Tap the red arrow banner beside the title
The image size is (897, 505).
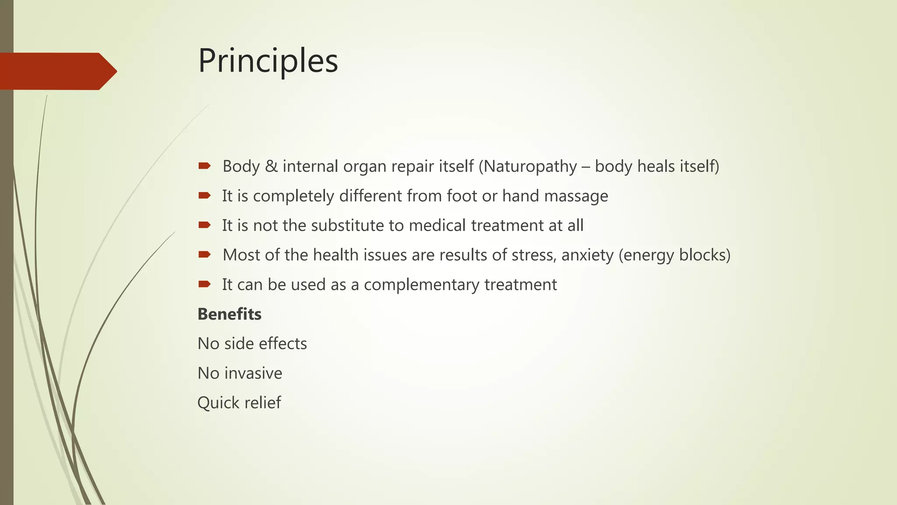tap(57, 71)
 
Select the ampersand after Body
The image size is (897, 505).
tap(272, 167)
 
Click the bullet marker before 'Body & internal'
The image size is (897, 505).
tap(204, 166)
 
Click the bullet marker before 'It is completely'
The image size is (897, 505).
tap(204, 195)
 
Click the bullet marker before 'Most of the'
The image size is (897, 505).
tap(204, 254)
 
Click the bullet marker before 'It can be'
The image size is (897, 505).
tap(204, 284)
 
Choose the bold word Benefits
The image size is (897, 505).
tap(230, 314)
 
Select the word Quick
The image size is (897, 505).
tap(217, 403)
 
